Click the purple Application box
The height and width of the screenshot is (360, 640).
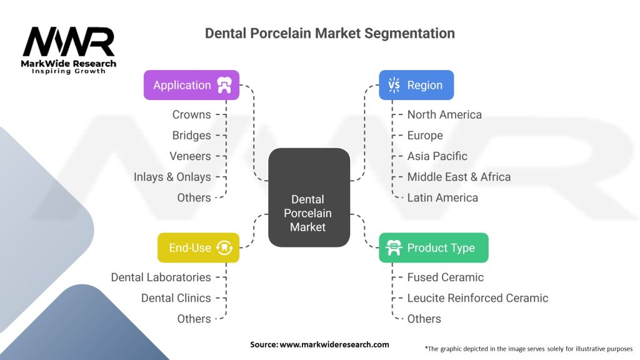(191, 85)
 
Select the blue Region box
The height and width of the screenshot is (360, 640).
(416, 85)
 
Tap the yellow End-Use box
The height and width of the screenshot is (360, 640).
(198, 247)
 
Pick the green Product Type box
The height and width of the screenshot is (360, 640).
(434, 247)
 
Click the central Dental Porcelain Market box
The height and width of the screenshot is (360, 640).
(309, 197)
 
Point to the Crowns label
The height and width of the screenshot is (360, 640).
(191, 115)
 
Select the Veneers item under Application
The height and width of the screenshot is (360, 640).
(190, 156)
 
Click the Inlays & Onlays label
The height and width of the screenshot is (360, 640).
(172, 177)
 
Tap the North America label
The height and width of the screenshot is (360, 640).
(444, 115)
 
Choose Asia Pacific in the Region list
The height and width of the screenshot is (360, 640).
(437, 156)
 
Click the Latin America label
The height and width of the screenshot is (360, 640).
(442, 197)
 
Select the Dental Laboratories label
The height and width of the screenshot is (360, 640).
(161, 277)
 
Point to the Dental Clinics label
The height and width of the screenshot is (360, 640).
(176, 298)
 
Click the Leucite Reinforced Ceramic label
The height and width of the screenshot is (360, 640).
(477, 298)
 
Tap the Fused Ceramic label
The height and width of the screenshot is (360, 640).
(445, 277)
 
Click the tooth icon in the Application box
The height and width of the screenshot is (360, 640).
(224, 85)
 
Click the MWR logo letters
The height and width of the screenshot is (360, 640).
(69, 41)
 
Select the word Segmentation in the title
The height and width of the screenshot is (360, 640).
(409, 33)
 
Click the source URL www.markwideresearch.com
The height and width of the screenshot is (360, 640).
(334, 344)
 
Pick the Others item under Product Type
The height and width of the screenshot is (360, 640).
(424, 319)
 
